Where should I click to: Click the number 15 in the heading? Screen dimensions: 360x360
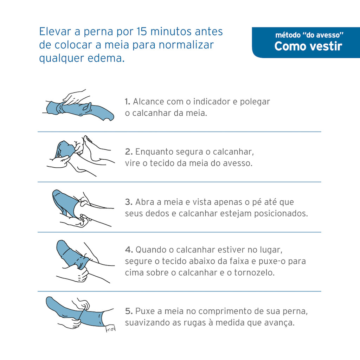coord(142,31)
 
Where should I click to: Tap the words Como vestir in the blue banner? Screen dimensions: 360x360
coord(308,46)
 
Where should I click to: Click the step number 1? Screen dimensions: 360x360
coord(127,102)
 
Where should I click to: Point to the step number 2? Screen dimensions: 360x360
coord(129,152)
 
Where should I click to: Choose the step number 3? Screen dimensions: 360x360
coord(129,202)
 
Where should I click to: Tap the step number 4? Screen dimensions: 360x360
coord(129,250)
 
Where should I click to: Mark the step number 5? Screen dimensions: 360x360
coord(129,311)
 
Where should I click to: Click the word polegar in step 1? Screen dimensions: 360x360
coord(255,102)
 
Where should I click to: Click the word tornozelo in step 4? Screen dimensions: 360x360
coord(254,272)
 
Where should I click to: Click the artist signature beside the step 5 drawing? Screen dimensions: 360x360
coord(110,329)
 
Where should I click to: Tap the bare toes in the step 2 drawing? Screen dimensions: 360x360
coord(87,139)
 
